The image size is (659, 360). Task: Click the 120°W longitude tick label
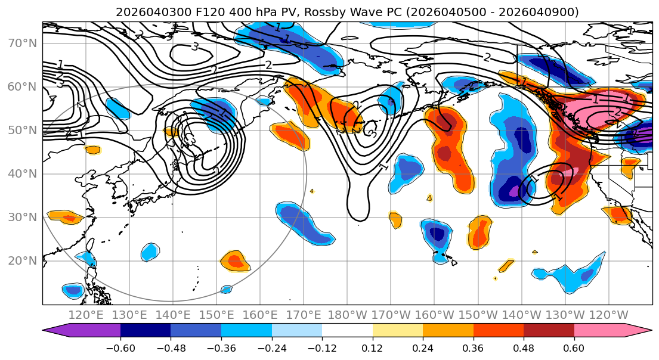click(607, 315)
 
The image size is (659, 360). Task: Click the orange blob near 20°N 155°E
click(234, 261)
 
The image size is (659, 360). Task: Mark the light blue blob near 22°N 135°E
click(150, 252)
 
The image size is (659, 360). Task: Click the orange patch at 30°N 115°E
click(64, 216)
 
